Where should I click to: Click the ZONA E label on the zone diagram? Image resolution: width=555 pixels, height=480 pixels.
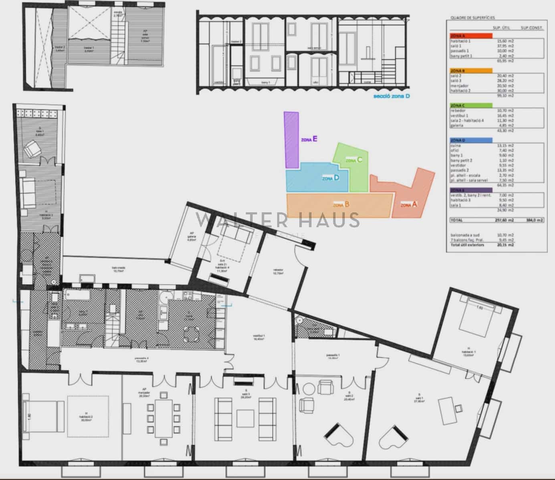tap(309, 140)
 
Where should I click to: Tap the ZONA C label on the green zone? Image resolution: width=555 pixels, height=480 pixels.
tap(354, 160)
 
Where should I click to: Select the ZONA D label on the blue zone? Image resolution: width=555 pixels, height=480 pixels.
tap(331, 178)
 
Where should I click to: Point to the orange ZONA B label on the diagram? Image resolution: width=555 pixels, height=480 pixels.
tap(341, 204)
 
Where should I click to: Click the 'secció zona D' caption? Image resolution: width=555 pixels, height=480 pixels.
tap(392, 96)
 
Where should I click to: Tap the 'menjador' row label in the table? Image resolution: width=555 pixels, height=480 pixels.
tap(459, 86)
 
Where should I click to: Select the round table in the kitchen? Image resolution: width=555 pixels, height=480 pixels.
tap(192, 333)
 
